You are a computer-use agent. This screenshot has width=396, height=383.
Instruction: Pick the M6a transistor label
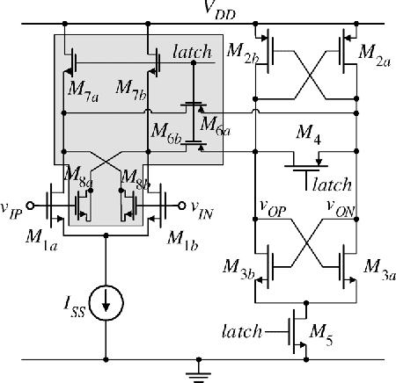coord(216,123)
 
